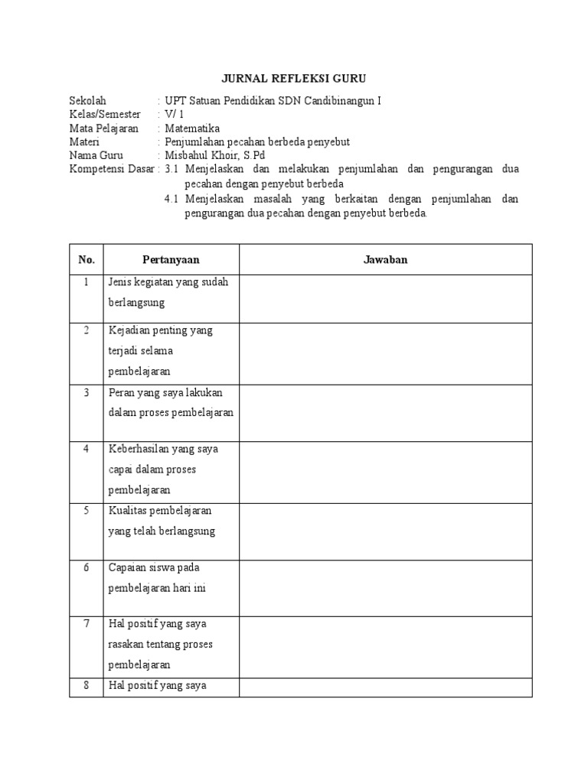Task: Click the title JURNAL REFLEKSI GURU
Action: (294, 79)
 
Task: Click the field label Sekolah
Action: (88, 101)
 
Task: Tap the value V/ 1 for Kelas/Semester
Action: (175, 115)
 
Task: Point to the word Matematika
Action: (192, 128)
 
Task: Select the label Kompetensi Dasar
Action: (112, 170)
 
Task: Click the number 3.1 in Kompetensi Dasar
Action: (171, 170)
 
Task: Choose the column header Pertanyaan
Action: (171, 260)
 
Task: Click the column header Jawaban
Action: (385, 260)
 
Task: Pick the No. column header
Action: (87, 260)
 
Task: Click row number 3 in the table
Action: (87, 393)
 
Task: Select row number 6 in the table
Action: (87, 568)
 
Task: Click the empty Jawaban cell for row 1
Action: (385, 298)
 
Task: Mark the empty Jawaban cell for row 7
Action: (385, 645)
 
